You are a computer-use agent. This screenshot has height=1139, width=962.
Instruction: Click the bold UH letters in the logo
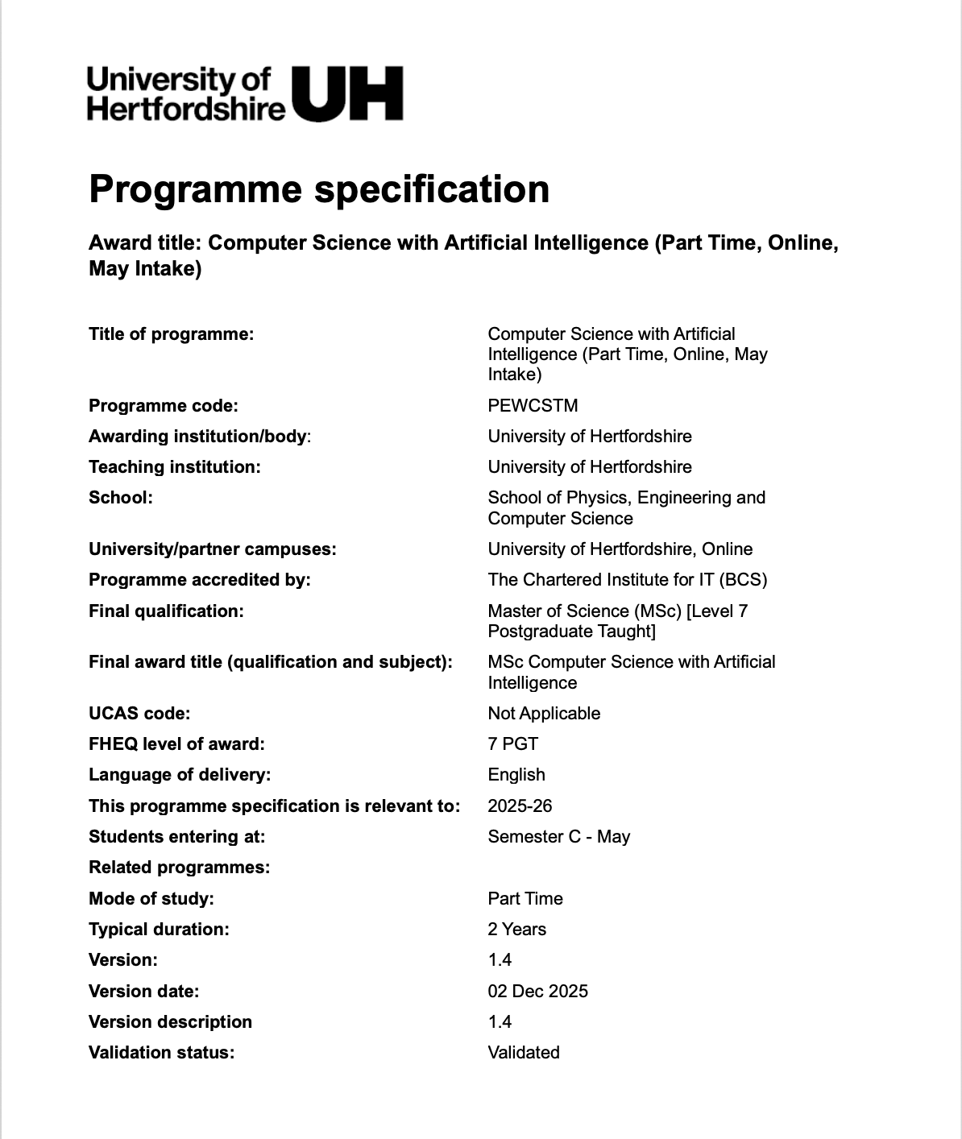coord(347,93)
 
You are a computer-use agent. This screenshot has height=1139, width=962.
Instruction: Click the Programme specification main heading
coord(319,189)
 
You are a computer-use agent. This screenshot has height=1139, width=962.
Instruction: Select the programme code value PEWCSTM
coord(533,405)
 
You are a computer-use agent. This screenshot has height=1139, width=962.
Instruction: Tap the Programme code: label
coord(164,405)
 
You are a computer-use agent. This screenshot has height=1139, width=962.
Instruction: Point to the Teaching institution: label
coord(175,466)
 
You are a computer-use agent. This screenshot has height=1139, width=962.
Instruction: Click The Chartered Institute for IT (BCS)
coord(627,580)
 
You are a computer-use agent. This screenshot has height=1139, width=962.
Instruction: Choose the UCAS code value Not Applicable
coord(544,714)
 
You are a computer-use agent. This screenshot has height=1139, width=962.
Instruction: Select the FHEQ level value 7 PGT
coord(512,744)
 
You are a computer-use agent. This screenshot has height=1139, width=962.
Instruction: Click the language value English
coord(516,775)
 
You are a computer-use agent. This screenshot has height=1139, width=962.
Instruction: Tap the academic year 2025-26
coord(520,806)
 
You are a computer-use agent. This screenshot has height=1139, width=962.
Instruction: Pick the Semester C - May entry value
coord(558,837)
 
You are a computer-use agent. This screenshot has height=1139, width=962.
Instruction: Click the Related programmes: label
coord(179,868)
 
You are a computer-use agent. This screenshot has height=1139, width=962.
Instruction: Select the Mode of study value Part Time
coord(525,899)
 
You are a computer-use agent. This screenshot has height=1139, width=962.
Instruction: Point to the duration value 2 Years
coord(516,930)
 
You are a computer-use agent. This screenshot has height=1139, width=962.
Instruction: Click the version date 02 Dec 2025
coord(537,992)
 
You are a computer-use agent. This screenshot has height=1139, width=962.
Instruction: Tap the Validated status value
coord(524,1053)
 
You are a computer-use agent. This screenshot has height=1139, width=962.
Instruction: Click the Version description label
coord(170,1022)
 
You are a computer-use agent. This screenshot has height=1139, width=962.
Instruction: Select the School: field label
coord(121,498)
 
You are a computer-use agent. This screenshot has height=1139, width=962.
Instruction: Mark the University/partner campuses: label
coord(213,549)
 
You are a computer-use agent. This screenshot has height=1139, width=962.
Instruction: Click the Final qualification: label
coord(166,611)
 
